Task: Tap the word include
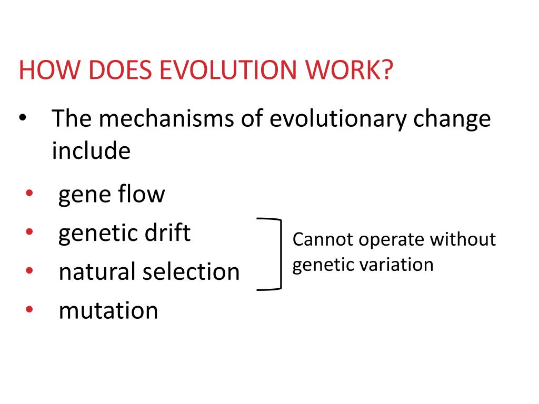pos(91,151)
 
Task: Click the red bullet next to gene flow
pos(28,194)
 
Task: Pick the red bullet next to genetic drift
pos(28,233)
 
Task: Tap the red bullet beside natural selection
pos(28,271)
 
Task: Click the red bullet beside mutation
pos(28,310)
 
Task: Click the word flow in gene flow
pos(141,194)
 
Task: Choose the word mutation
pos(108,310)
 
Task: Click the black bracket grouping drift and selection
pos(279,254)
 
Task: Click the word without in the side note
pos(463,239)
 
